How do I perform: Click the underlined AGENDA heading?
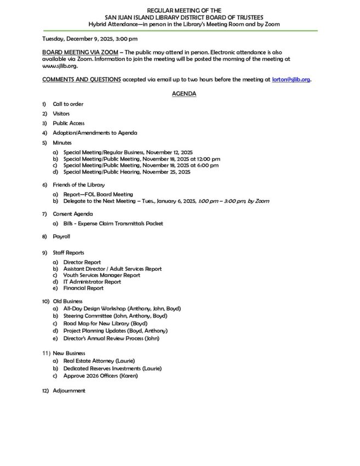(184, 94)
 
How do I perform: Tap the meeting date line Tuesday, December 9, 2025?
(90, 39)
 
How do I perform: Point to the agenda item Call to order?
(68, 104)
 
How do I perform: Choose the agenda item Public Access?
(68, 123)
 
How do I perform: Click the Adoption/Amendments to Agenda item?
(95, 133)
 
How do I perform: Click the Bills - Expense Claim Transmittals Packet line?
(113, 223)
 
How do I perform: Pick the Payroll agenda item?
(61, 236)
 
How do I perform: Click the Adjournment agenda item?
(69, 390)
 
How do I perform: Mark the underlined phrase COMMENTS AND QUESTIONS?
(82, 79)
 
